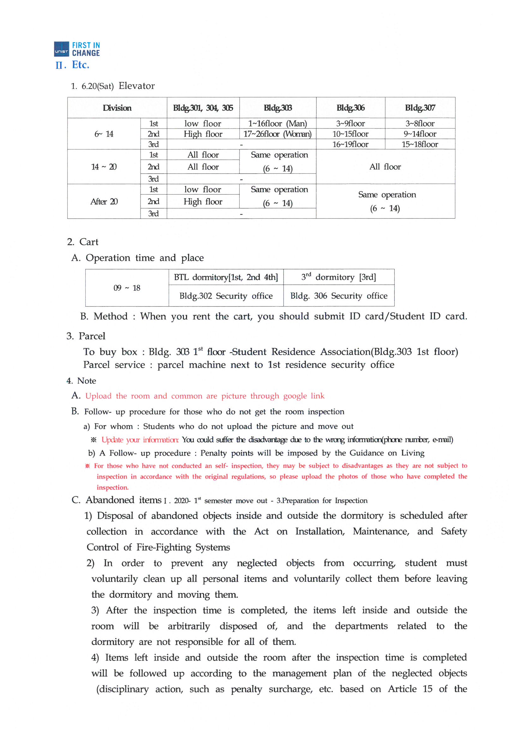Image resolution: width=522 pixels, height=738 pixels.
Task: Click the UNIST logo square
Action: (x=61, y=49)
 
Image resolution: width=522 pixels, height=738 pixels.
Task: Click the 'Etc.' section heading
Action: (x=81, y=65)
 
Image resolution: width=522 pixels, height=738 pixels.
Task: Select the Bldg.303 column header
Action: (x=278, y=108)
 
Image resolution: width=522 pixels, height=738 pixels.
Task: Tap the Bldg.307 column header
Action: (x=420, y=108)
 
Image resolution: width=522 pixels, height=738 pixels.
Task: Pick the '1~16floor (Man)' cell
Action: (x=278, y=123)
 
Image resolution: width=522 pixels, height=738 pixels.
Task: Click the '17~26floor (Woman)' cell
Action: (x=278, y=134)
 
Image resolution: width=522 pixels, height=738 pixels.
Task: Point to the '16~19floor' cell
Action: (x=350, y=144)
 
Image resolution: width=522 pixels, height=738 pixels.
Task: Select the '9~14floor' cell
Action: (x=420, y=134)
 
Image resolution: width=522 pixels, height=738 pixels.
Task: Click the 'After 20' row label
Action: (x=104, y=201)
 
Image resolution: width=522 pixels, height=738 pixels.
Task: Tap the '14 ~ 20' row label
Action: (x=104, y=167)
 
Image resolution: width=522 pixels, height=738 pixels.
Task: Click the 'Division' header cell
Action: (x=117, y=108)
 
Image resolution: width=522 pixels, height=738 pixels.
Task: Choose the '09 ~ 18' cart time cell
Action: (x=127, y=288)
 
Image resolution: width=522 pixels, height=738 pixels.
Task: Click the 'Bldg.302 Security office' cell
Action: (x=226, y=296)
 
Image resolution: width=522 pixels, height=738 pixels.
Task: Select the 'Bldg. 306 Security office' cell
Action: (x=339, y=296)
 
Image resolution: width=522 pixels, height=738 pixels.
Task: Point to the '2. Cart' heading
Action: (x=83, y=242)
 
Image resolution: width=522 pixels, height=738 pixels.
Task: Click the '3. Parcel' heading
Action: (x=86, y=336)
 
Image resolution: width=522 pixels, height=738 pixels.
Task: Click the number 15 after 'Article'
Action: (x=428, y=689)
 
